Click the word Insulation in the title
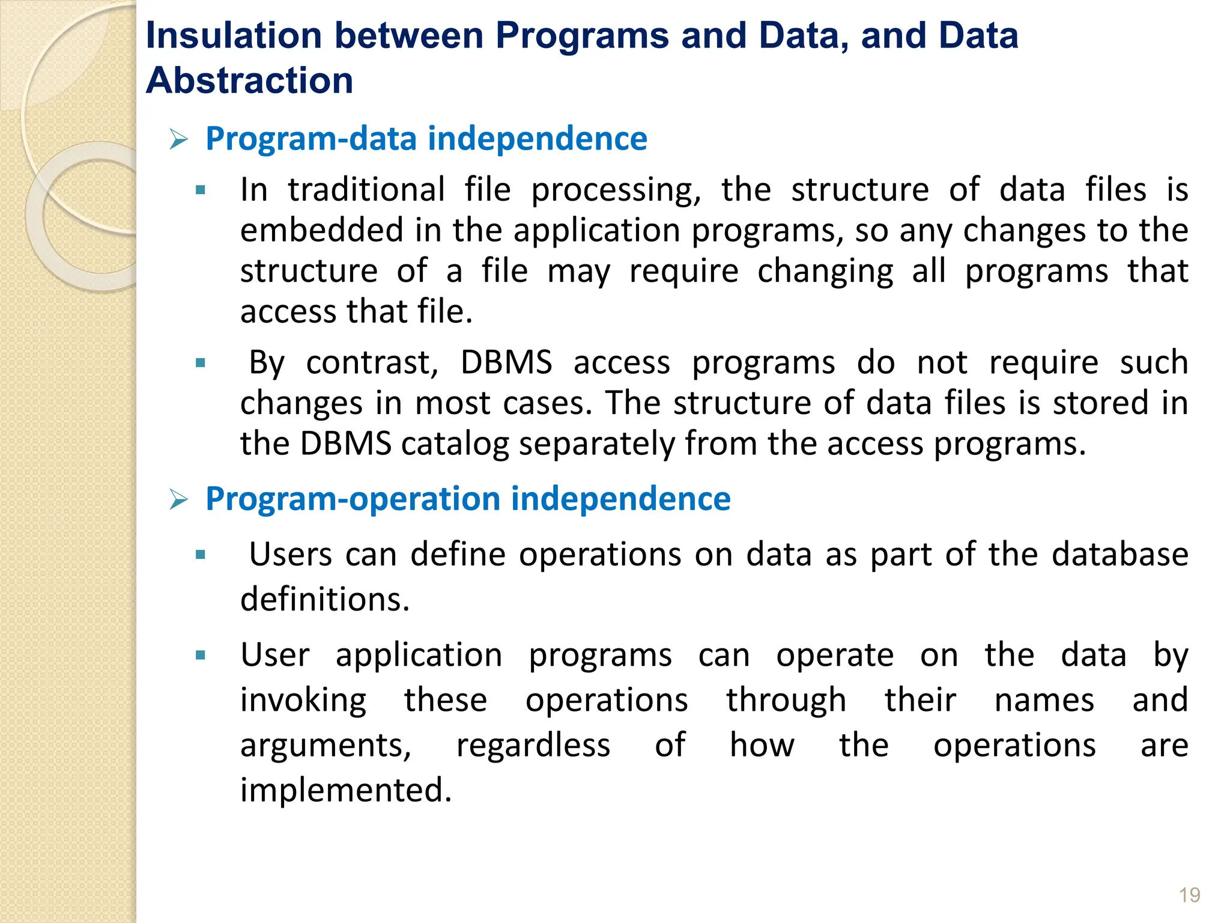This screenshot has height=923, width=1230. [x=234, y=35]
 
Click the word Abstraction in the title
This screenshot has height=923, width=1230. [x=249, y=81]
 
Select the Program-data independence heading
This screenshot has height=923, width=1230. [x=426, y=139]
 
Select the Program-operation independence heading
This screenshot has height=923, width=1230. [x=468, y=499]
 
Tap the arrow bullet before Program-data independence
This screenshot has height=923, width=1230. [x=179, y=140]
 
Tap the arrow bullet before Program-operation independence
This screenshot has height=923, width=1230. [x=179, y=500]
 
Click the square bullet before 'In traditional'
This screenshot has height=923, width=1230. [x=201, y=191]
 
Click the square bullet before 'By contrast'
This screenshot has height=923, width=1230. [x=201, y=363]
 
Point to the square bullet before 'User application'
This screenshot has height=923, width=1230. [x=201, y=655]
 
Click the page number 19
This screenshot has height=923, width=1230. [x=1189, y=895]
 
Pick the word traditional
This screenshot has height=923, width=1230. [x=366, y=190]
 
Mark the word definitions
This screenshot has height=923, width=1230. [x=325, y=599]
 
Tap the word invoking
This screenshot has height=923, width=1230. [x=303, y=700]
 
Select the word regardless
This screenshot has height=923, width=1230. [x=533, y=745]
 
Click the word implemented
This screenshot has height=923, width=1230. [x=345, y=790]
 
